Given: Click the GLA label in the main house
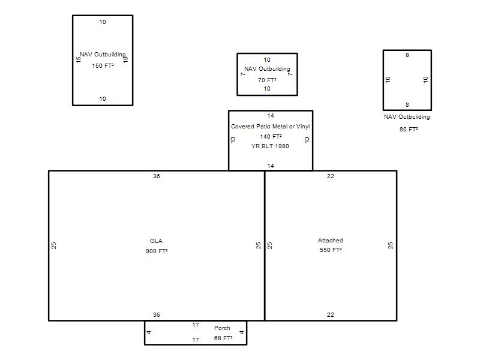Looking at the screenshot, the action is [156, 241].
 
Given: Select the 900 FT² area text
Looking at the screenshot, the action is [157, 251].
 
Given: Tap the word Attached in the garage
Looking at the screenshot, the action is [331, 241].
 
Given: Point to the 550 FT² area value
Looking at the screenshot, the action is [331, 250].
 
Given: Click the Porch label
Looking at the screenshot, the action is [222, 328].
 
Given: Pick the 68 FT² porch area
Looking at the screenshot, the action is [223, 338].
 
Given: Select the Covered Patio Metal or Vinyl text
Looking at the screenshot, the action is [271, 127].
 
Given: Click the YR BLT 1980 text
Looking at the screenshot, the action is [270, 146].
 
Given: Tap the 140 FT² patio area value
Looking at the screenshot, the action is [271, 136].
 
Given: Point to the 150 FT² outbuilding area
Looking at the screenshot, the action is [103, 66].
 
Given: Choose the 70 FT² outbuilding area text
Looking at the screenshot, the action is [267, 80].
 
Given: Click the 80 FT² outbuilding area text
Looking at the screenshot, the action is [409, 129].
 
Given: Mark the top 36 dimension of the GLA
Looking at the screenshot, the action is [157, 176].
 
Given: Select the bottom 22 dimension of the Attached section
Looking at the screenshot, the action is [331, 314].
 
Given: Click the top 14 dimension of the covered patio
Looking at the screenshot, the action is [271, 115].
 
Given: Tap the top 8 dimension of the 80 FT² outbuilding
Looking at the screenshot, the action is [407, 55].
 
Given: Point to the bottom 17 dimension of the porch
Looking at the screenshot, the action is [196, 340].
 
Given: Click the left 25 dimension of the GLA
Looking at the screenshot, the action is [54, 245].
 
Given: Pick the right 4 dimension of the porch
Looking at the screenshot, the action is [242, 332].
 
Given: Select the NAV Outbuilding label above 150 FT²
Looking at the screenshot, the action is [103, 55].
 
